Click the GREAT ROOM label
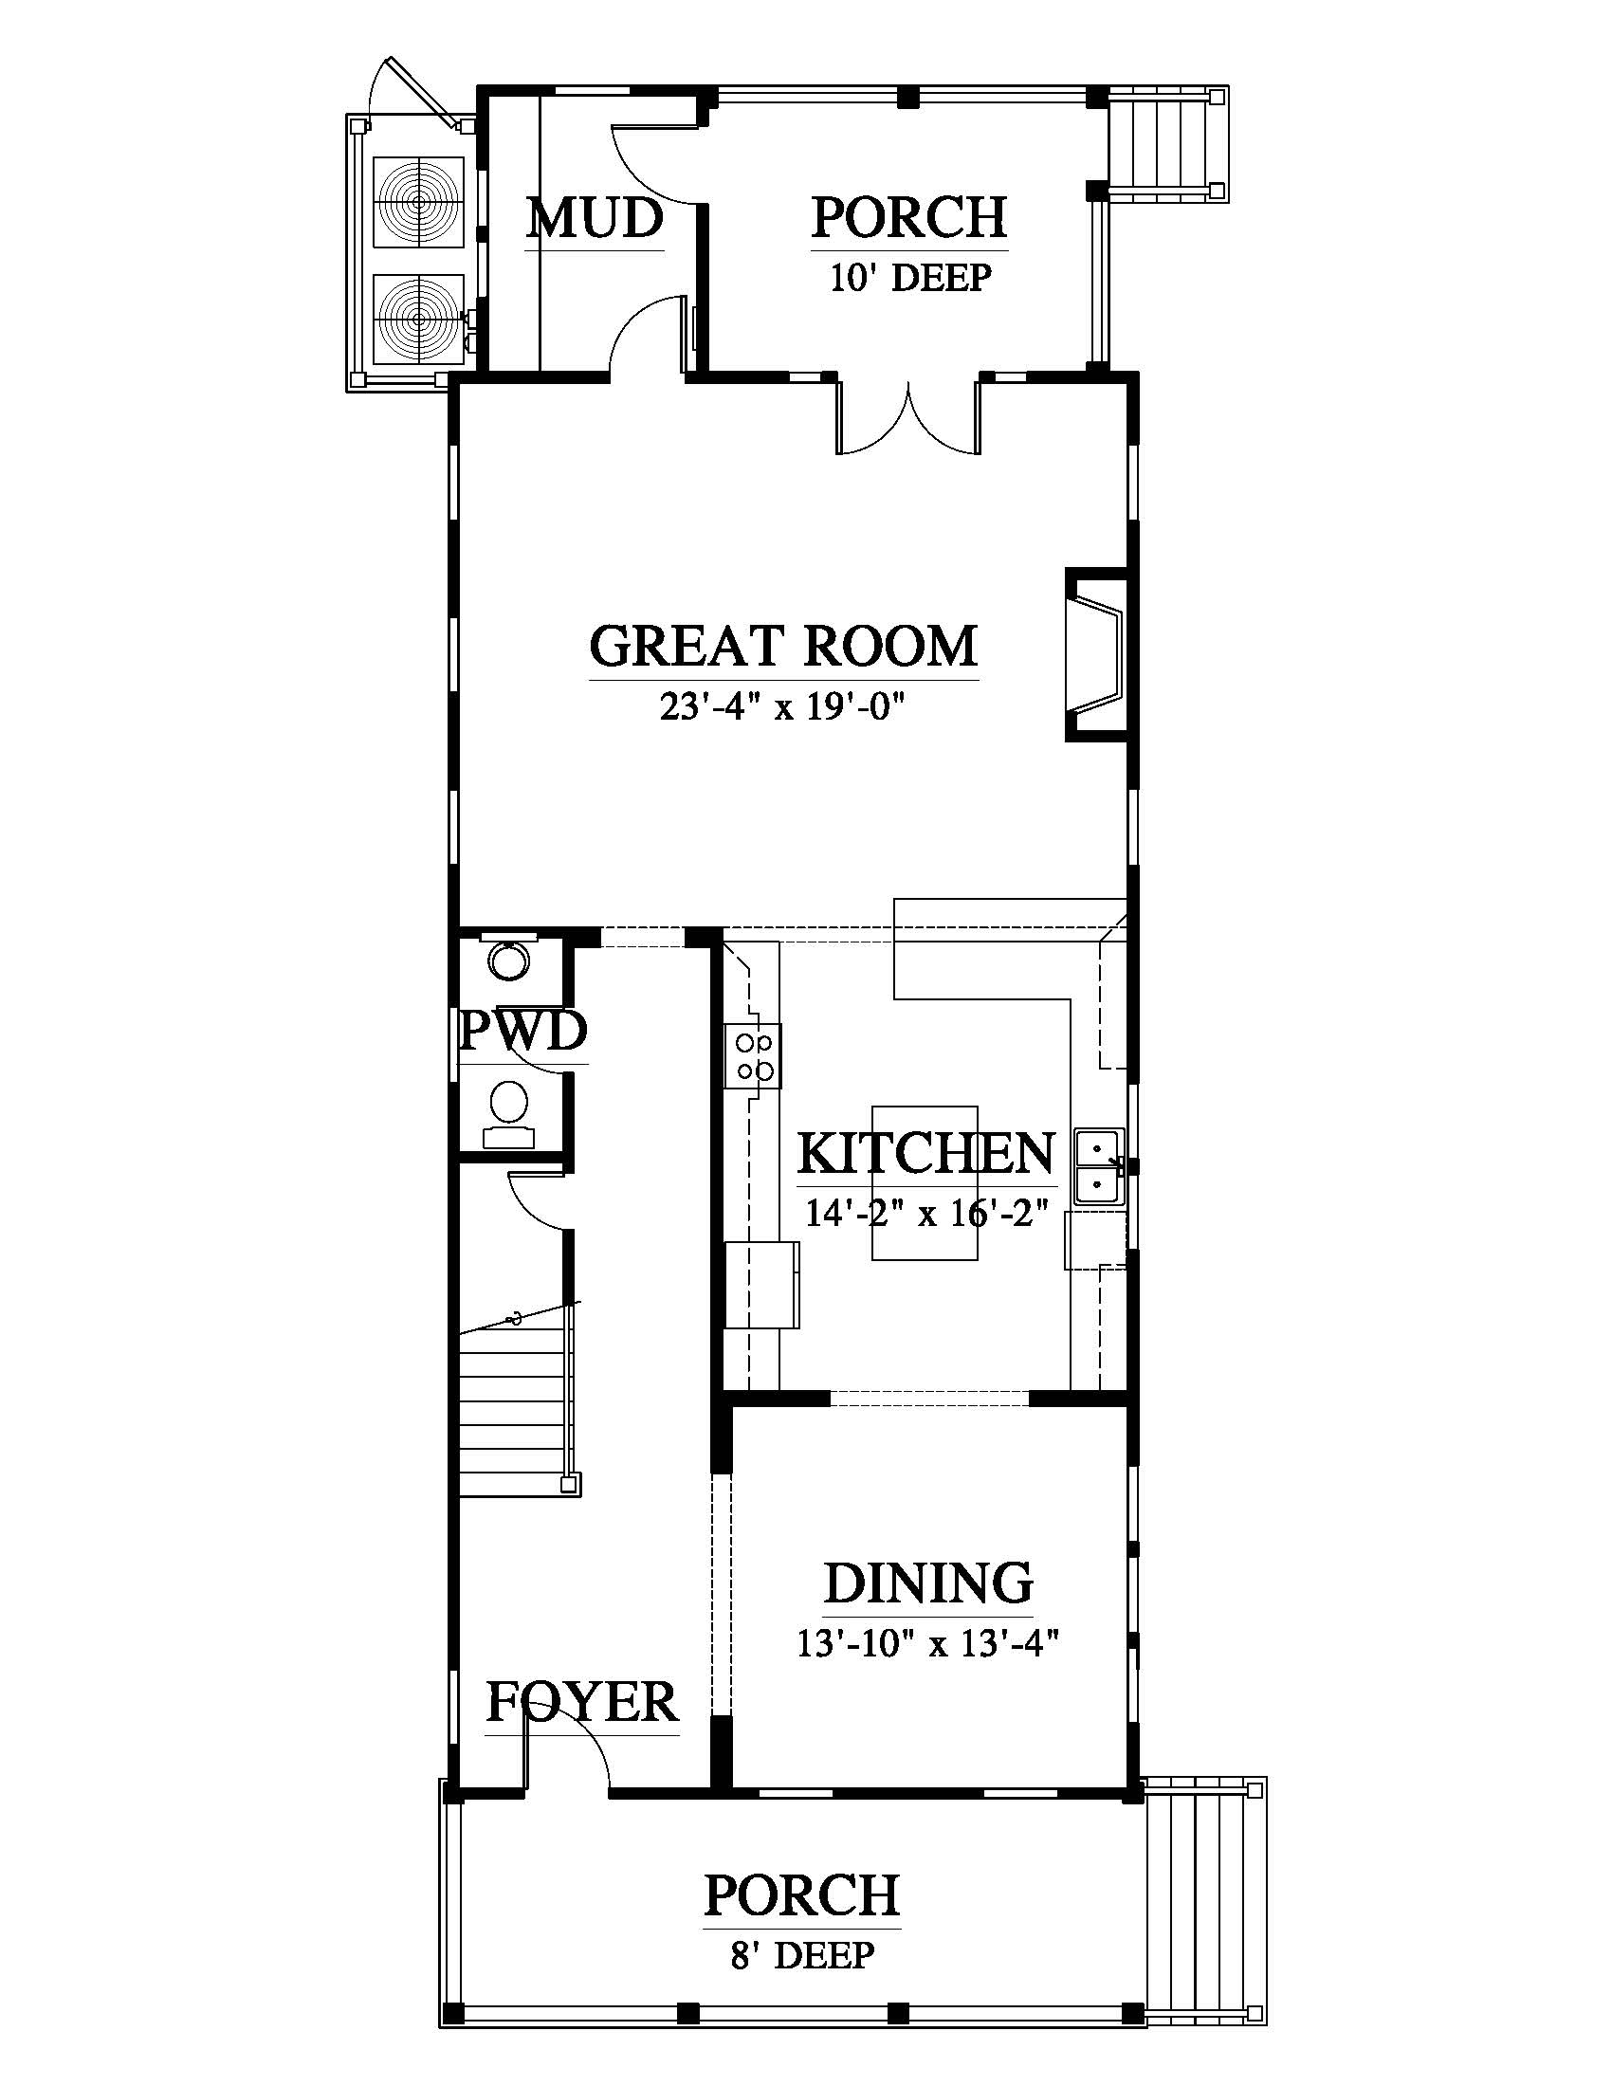pyautogui.click(x=783, y=646)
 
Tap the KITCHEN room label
pyautogui.click(x=926, y=1153)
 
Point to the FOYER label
pyautogui.click(x=581, y=1702)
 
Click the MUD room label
pyautogui.click(x=595, y=218)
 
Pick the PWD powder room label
pyautogui.click(x=523, y=1031)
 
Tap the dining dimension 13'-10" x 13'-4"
pyautogui.click(x=929, y=1644)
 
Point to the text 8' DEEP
pyautogui.click(x=802, y=1955)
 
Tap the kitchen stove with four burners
pyautogui.click(x=753, y=1055)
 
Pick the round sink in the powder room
pyautogui.click(x=509, y=960)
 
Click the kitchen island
pyautogui.click(x=925, y=1183)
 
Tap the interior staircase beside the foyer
pyautogui.click(x=517, y=1399)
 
